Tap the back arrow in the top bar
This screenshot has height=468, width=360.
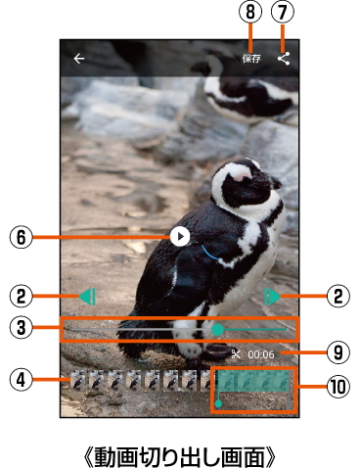[79, 59]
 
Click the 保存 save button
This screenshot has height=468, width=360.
[251, 59]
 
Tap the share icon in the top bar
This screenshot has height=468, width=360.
[284, 59]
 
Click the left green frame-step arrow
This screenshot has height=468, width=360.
[87, 297]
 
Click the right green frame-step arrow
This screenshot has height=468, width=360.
[272, 297]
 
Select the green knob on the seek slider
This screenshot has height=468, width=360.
[217, 330]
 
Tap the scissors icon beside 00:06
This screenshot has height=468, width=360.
[236, 354]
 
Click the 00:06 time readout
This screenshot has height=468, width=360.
[261, 354]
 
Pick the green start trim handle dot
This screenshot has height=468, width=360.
[219, 403]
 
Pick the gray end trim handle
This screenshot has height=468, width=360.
[290, 404]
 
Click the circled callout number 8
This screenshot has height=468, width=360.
[250, 12]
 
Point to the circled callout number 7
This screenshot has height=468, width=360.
[283, 12]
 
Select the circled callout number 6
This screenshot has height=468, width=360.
[22, 237]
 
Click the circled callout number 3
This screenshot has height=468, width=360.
[22, 327]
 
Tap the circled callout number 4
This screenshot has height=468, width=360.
[22, 380]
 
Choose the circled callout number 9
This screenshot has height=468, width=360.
[338, 352]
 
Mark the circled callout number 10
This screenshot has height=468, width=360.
[338, 387]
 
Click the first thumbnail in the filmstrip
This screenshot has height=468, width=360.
[78, 380]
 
